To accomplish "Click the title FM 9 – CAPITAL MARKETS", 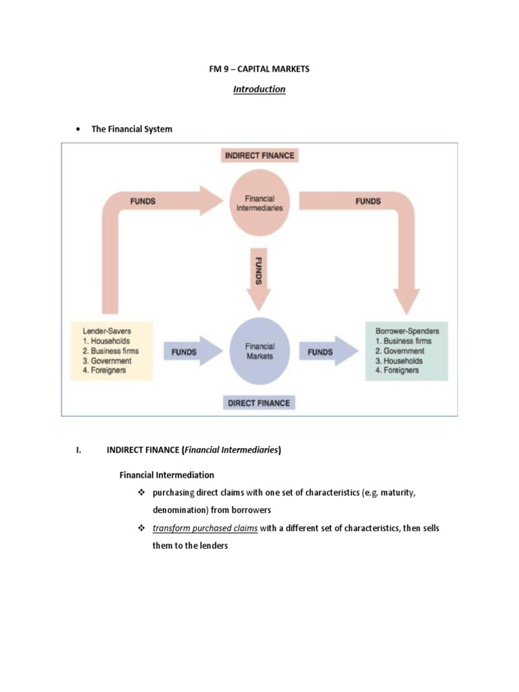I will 259,70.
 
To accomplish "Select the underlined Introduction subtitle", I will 259,89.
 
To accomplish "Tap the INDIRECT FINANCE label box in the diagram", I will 259,155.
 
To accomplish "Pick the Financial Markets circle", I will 259,351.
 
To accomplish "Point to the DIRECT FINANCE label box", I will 259,403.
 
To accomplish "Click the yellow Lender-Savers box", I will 112,351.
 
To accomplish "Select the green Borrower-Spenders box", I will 406,351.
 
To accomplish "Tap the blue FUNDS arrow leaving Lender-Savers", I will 191,352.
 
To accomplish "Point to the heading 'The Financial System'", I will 132,129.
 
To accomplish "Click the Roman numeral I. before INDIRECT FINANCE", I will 79,451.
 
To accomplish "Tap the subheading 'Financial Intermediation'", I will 167,475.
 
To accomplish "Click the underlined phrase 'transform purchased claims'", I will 205,528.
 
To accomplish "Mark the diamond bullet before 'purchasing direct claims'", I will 141,493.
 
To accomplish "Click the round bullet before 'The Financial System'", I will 78,129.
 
